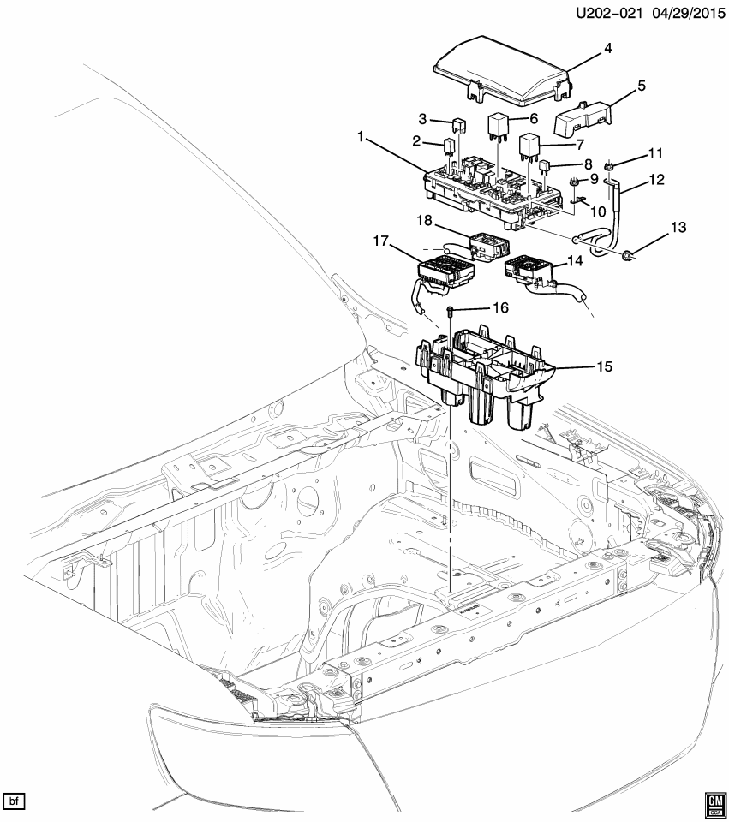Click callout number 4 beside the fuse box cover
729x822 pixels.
click(607, 49)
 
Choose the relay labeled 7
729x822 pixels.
click(527, 147)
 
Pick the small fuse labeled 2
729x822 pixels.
click(450, 147)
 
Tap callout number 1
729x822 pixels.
click(362, 137)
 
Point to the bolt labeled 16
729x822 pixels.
click(452, 312)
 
